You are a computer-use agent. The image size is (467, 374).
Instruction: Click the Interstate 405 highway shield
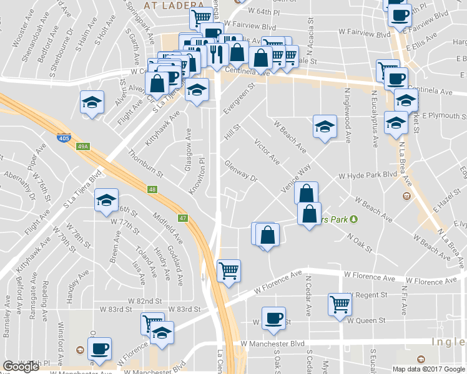pos(63,138)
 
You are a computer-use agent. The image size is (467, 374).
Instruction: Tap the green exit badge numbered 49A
pos(83,147)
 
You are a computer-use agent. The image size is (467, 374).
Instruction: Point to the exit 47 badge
pos(183,218)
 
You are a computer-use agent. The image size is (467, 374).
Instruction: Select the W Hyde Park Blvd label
pos(368,176)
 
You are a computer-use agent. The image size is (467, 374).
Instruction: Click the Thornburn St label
pos(145,163)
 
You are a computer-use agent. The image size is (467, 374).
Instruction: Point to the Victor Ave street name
pos(267,152)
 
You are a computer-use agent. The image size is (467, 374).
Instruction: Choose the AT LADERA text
pos(166,5)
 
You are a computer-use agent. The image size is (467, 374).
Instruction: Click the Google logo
pos(21,366)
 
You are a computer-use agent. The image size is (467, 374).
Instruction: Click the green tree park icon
pos(353,219)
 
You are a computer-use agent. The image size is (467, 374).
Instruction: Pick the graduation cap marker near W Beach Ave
pos(325,127)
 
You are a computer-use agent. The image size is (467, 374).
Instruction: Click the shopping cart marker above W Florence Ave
pos(229,271)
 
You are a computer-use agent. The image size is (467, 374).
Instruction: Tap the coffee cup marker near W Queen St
pos(273,319)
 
